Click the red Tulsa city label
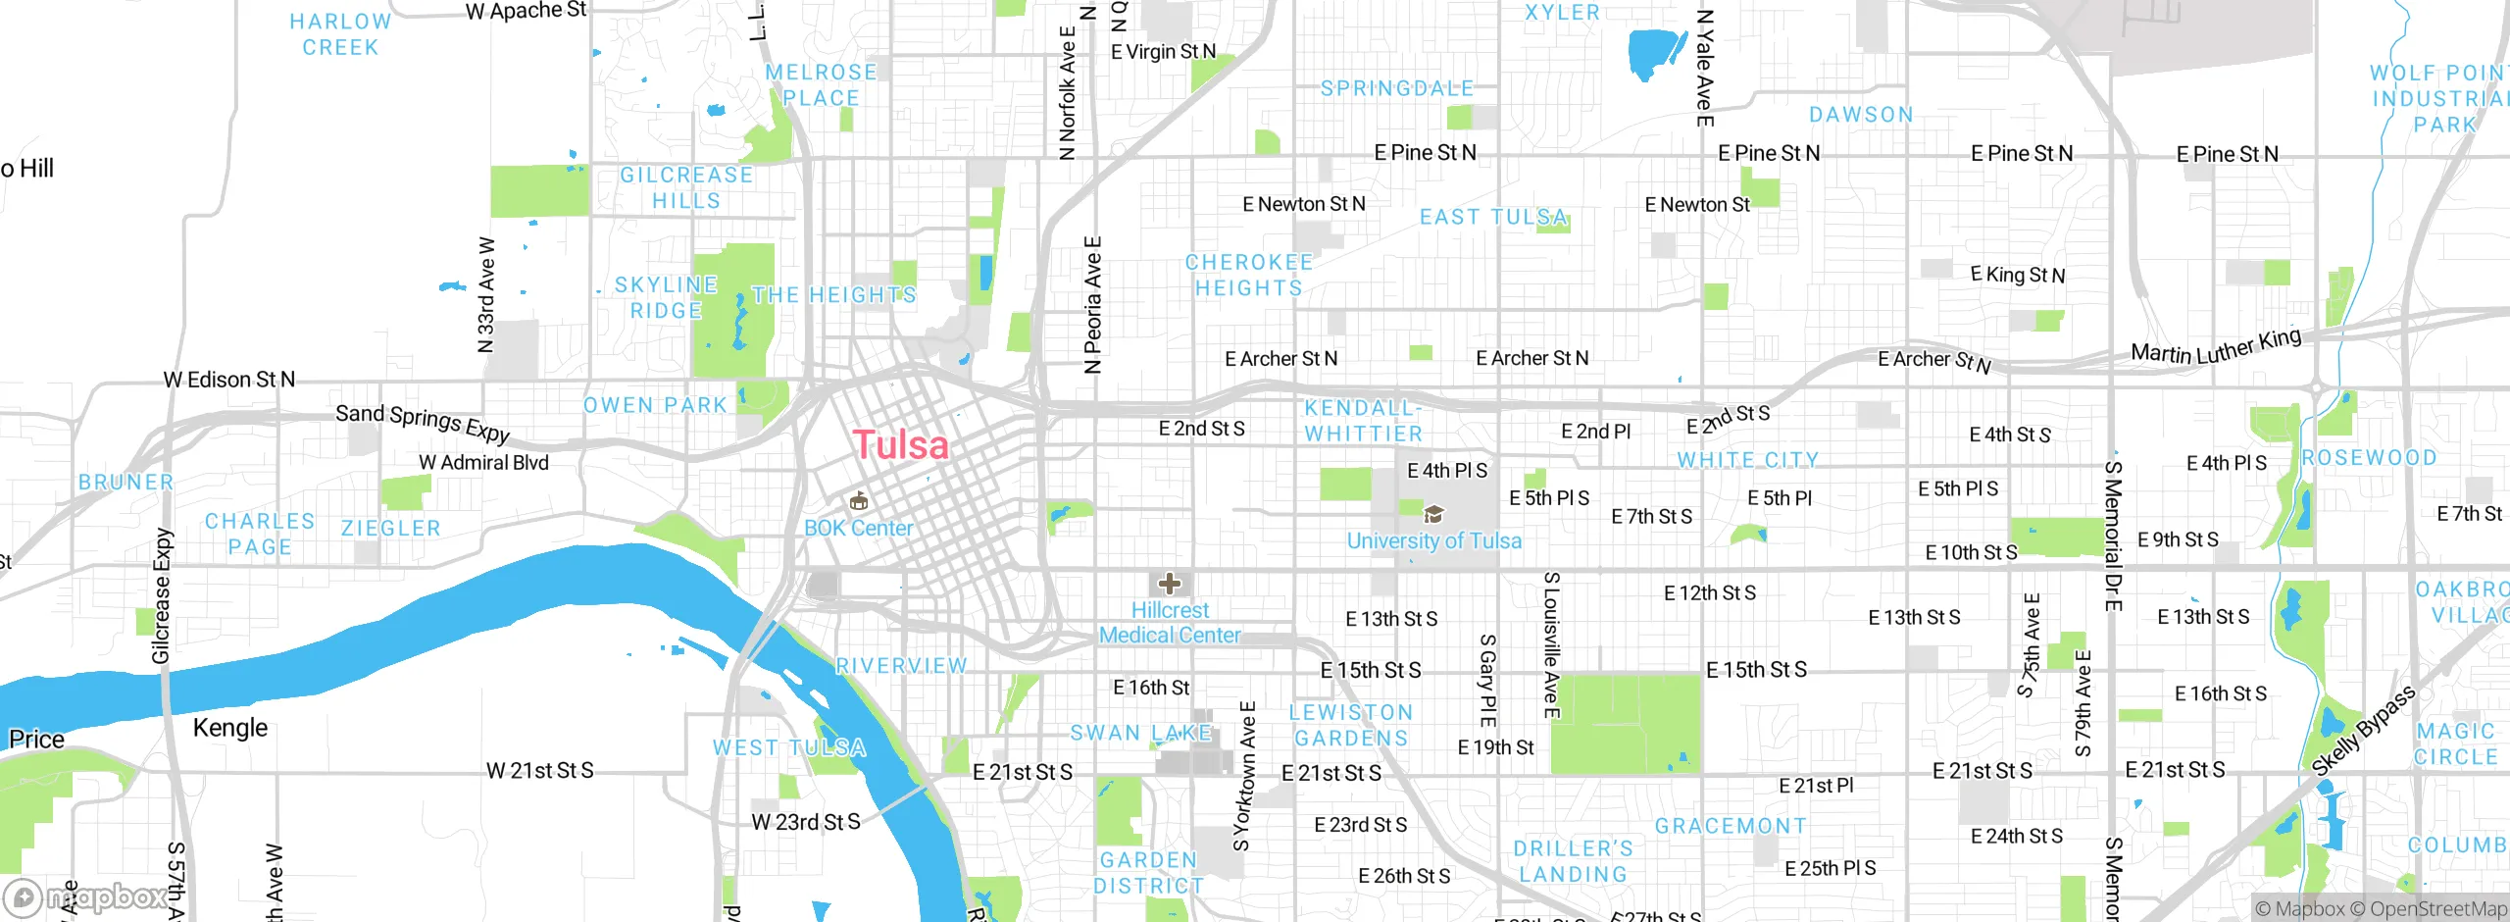[900, 445]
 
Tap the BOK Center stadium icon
[859, 502]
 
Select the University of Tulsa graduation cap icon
[1433, 514]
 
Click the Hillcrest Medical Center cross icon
[1169, 585]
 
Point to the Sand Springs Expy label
[423, 423]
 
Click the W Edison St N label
[228, 380]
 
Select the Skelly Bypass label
[2363, 732]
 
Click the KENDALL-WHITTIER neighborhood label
[1363, 421]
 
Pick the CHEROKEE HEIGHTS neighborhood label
[1248, 276]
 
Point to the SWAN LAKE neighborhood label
[1141, 733]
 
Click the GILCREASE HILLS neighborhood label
[686, 187]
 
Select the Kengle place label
[230, 728]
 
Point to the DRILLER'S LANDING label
[1573, 861]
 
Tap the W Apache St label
[526, 11]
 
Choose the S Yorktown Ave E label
[1244, 776]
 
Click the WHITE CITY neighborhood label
[1747, 460]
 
